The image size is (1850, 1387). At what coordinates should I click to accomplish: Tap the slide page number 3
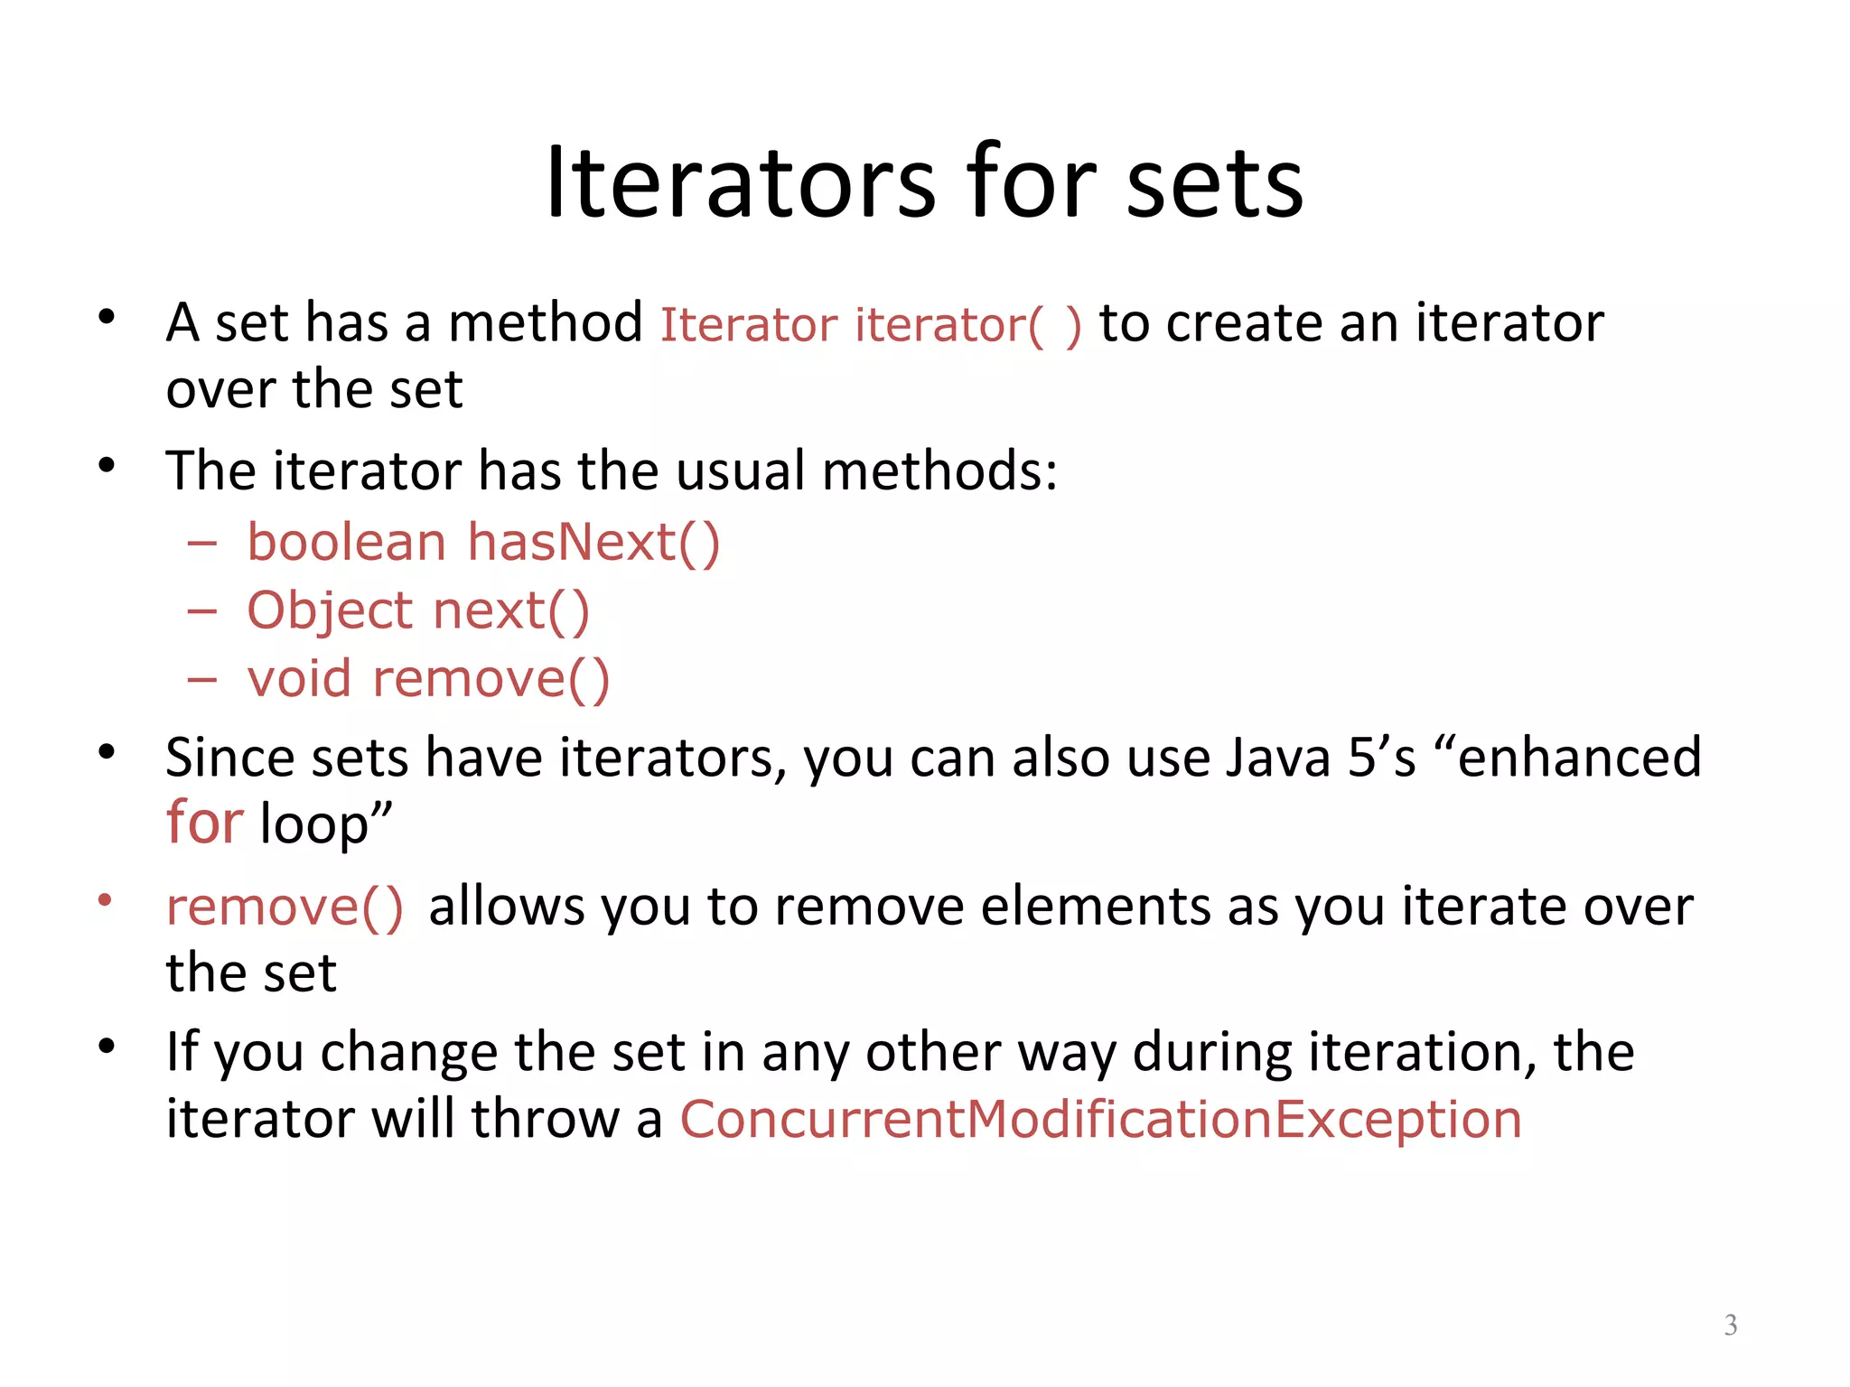1730,1325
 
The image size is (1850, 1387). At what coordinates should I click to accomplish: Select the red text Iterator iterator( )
870,325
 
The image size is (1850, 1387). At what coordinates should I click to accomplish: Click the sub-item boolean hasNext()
483,543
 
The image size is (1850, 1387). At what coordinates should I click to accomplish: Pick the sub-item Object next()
418,611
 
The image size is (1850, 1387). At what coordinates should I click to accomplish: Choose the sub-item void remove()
429,679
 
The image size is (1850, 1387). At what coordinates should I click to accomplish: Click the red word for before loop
204,824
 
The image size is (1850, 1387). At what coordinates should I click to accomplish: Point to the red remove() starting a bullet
285,907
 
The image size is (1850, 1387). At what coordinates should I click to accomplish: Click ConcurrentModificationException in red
1100,1120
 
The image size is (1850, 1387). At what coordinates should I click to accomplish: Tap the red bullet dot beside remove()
106,899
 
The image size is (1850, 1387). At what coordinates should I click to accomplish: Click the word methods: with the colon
939,471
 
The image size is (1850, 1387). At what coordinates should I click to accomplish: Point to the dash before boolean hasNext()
202,544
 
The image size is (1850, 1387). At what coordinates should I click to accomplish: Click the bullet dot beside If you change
107,1047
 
